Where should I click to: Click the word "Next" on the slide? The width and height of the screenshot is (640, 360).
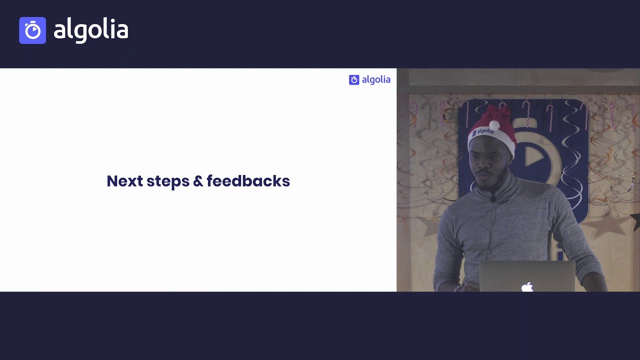[124, 181]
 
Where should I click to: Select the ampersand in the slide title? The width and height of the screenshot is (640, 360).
[198, 181]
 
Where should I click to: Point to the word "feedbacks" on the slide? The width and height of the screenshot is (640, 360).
[248, 181]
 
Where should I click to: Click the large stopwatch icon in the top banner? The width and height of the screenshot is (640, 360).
[32, 30]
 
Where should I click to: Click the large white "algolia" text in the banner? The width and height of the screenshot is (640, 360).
[90, 30]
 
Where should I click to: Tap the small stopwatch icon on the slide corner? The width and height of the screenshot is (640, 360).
[354, 80]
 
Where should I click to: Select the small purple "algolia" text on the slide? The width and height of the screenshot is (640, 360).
[375, 80]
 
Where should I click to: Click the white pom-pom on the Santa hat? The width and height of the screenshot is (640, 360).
[494, 125]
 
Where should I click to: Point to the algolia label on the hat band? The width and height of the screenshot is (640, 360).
[483, 131]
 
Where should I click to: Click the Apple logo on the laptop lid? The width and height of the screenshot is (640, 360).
[527, 287]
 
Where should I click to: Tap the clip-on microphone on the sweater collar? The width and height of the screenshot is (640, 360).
[493, 198]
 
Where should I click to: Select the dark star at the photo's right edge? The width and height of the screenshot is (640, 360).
[635, 220]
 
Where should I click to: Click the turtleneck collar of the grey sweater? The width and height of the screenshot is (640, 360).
[500, 187]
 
